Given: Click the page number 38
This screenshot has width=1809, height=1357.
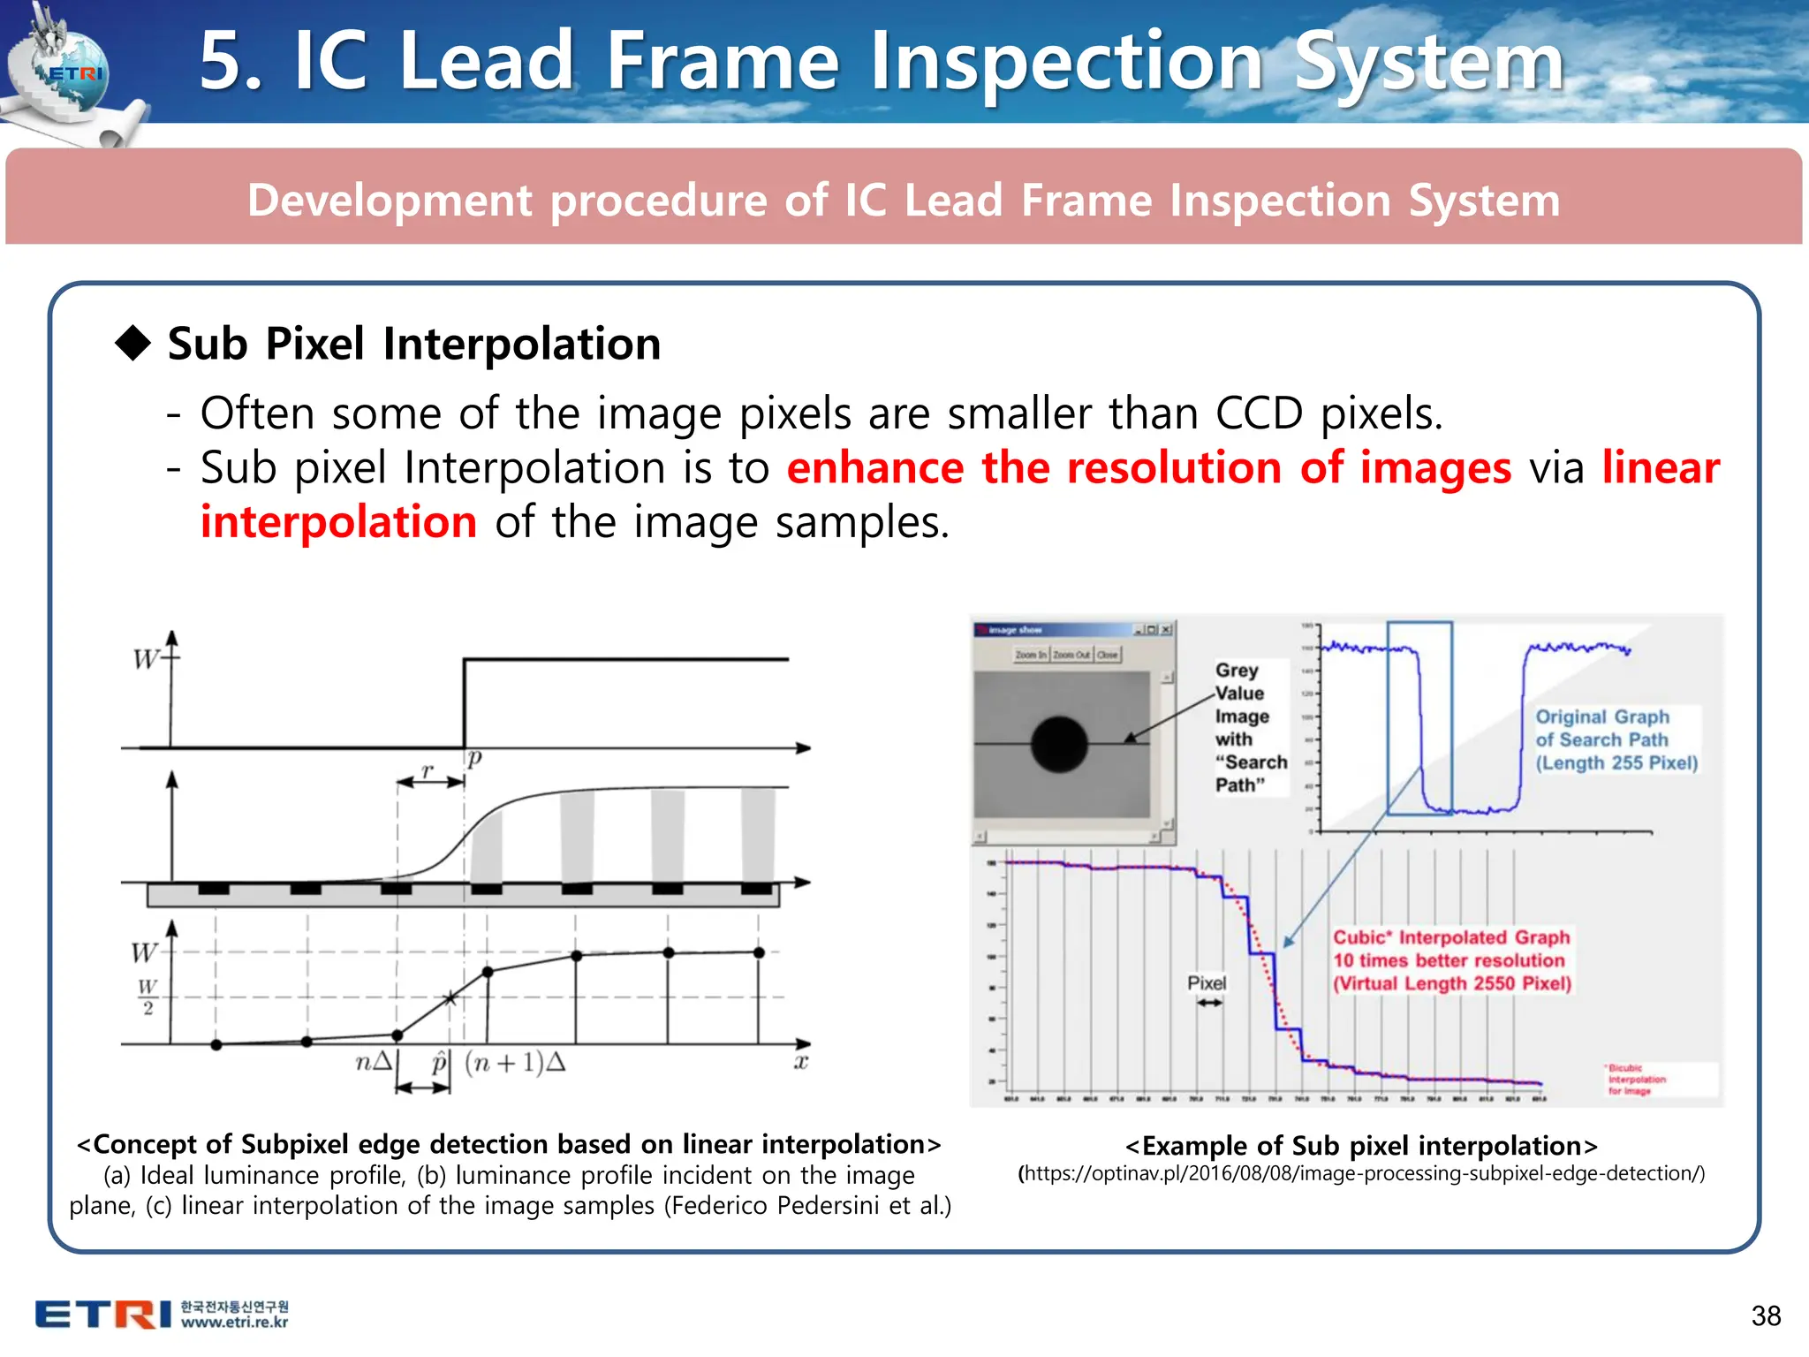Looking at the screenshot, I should pyautogui.click(x=1766, y=1315).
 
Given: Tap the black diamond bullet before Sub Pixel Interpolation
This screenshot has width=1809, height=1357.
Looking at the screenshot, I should pyautogui.click(x=133, y=343).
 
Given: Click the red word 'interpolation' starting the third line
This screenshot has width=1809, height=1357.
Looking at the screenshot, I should pyautogui.click(x=338, y=521).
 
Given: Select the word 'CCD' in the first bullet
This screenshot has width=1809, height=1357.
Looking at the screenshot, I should pyautogui.click(x=1259, y=413).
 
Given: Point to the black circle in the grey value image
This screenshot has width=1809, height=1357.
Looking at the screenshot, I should pyautogui.click(x=1059, y=744).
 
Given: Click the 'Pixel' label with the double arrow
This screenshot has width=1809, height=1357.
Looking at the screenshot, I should pyautogui.click(x=1207, y=983).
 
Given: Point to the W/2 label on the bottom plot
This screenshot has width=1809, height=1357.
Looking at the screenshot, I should pyautogui.click(x=148, y=997).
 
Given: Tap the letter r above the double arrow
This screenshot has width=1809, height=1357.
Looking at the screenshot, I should pyautogui.click(x=428, y=770).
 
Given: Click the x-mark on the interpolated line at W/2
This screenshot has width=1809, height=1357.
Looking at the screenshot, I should pyautogui.click(x=450, y=998).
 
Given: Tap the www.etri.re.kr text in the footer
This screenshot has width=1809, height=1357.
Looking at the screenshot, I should pyautogui.click(x=234, y=1323).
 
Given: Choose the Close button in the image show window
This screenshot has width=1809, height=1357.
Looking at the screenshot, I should pyautogui.click(x=1108, y=655).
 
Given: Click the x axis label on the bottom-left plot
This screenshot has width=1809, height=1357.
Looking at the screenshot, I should pyautogui.click(x=800, y=1062).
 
